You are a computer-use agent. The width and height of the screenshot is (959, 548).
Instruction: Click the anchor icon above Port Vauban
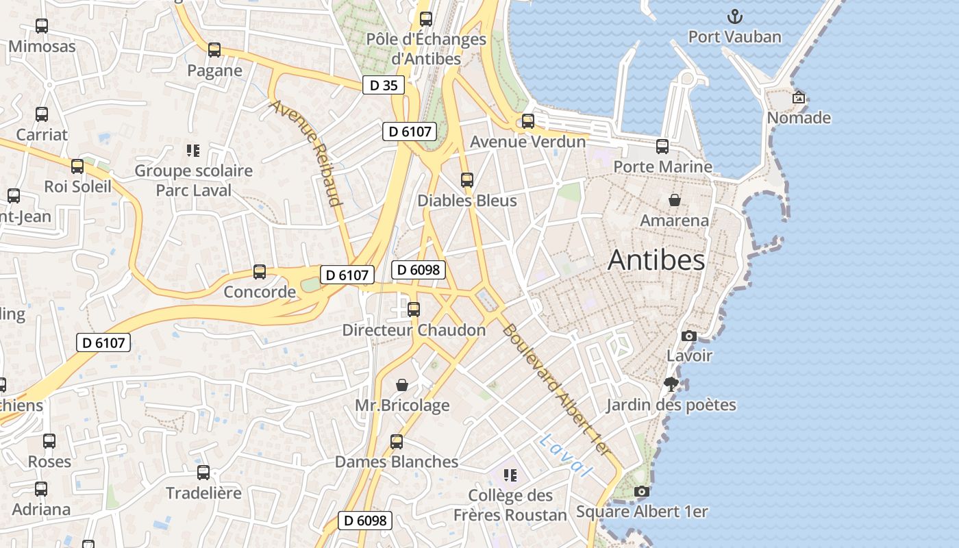734,16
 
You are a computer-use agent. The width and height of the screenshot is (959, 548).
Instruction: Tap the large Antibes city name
656,260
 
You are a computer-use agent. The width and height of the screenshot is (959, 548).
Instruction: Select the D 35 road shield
383,85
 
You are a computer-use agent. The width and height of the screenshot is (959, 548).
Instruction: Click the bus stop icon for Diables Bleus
467,180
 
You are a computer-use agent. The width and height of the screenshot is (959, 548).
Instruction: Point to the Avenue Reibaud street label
306,153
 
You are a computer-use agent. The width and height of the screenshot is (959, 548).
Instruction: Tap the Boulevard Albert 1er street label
556,389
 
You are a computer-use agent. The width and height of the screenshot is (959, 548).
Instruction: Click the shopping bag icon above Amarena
675,200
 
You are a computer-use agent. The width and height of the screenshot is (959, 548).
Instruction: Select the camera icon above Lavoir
689,336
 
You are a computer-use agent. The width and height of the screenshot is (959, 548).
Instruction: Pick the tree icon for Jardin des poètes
671,384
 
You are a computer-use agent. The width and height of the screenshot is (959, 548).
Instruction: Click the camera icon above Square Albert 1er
642,491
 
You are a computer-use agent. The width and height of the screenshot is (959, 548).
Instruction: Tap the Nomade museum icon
798,97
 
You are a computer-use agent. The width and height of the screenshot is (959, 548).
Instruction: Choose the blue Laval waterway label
564,456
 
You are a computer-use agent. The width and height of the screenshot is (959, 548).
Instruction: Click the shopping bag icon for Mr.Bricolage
402,385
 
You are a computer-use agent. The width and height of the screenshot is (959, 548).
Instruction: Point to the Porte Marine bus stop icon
662,146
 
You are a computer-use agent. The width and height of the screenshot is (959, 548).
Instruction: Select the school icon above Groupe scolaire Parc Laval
193,150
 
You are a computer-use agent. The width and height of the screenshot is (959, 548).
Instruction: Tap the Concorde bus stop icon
260,272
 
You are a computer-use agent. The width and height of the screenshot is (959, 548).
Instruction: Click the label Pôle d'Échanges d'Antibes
426,49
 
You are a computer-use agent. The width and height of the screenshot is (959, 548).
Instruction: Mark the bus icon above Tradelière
203,472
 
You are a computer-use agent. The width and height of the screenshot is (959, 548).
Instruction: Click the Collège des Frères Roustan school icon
510,475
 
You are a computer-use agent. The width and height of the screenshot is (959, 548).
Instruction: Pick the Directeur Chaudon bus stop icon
414,309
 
